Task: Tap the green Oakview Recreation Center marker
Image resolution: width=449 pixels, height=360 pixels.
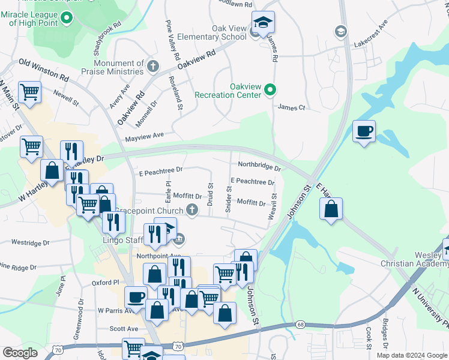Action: (x=270, y=91)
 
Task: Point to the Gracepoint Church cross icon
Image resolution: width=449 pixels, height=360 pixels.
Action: (x=192, y=209)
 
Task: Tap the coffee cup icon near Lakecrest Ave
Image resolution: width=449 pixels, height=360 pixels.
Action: (x=364, y=131)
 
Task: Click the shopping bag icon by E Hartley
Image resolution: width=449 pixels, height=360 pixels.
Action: (x=331, y=209)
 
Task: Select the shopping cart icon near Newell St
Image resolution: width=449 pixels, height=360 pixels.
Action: (x=29, y=92)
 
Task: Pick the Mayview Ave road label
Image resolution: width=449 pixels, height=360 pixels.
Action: (x=144, y=137)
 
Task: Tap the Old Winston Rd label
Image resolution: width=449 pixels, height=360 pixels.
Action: (x=44, y=70)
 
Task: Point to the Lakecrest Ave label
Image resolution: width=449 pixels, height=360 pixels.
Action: (x=371, y=36)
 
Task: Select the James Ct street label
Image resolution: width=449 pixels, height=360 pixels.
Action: (x=292, y=107)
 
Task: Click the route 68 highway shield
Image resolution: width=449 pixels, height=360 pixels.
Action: (x=300, y=325)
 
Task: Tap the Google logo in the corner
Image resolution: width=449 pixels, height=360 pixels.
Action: (x=20, y=353)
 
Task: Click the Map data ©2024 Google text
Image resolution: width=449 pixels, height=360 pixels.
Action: (x=411, y=355)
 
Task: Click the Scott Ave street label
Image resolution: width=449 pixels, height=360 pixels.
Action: (x=124, y=329)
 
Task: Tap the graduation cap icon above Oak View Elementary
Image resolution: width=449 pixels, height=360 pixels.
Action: (x=262, y=23)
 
